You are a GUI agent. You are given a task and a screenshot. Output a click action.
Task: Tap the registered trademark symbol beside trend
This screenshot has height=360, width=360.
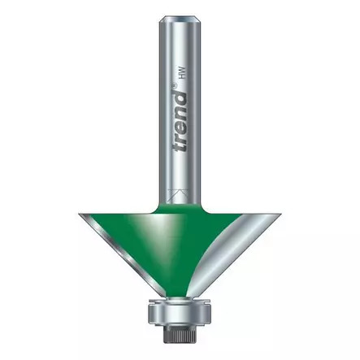pyautogui.click(x=180, y=84)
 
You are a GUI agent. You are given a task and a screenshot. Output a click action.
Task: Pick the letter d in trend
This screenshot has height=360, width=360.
pyautogui.click(x=180, y=98)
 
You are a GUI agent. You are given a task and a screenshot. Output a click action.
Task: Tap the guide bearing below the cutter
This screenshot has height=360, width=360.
pyautogui.click(x=180, y=312)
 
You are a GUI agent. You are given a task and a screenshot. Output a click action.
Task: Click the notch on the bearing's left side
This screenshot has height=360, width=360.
pyautogui.click(x=150, y=312)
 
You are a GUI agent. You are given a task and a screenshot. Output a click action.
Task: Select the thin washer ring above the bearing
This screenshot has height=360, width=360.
pyautogui.click(x=180, y=300)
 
